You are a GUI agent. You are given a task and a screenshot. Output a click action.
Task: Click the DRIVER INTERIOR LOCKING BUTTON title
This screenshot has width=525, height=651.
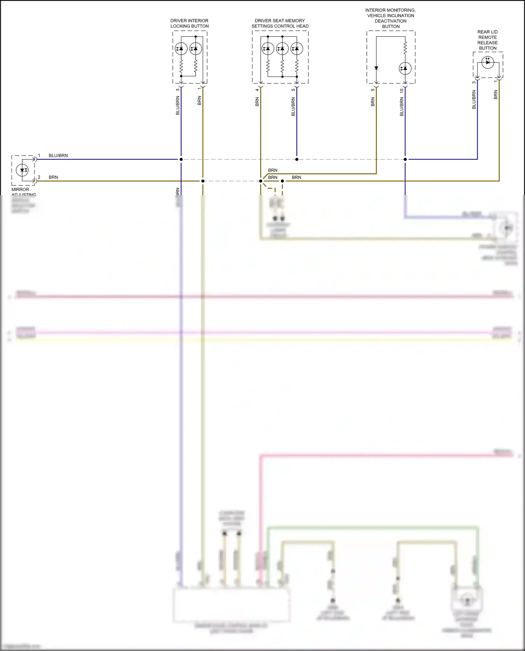tap(189, 23)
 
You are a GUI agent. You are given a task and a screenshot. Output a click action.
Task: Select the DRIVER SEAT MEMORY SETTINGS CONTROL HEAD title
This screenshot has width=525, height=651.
tap(280, 23)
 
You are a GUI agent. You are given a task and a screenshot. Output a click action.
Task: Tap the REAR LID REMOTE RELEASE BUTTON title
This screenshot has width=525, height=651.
tap(488, 40)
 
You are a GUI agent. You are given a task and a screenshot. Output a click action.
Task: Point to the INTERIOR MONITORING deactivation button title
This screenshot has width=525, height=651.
tap(391, 19)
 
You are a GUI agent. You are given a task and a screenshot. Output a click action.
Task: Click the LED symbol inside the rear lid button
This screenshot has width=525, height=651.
tap(488, 63)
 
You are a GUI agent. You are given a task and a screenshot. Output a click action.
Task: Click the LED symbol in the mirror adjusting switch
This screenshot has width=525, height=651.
tap(22, 170)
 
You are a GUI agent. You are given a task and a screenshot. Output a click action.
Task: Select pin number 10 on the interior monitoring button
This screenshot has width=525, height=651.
tap(402, 90)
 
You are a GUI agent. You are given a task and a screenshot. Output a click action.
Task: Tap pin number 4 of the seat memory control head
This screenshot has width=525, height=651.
tap(257, 90)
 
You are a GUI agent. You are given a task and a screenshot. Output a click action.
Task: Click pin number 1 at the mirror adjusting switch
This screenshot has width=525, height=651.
tap(39, 155)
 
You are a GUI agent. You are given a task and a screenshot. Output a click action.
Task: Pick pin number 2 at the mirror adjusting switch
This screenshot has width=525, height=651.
tap(39, 177)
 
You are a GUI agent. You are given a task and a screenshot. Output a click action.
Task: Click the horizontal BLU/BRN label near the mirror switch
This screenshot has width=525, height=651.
tap(58, 155)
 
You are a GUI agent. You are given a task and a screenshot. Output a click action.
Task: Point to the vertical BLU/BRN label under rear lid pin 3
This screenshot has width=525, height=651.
tap(474, 99)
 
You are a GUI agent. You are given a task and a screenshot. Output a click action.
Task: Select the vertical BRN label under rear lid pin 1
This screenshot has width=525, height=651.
tap(496, 94)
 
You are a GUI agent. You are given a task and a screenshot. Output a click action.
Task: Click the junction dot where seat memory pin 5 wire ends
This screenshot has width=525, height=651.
tap(297, 159)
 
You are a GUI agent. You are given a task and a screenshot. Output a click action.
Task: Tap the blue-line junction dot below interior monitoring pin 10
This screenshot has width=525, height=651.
tap(405, 159)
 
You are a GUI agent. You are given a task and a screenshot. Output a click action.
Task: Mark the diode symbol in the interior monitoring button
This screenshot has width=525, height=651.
tap(376, 68)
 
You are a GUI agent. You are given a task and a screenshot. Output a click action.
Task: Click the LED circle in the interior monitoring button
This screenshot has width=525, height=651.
tap(405, 68)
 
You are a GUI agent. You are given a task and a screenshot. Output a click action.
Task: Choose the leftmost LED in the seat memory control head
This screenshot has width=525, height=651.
tap(268, 49)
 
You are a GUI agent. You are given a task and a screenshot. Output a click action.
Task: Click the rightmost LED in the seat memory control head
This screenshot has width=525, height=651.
tap(297, 49)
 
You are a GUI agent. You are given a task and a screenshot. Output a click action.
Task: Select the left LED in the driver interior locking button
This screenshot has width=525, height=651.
tap(181, 49)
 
